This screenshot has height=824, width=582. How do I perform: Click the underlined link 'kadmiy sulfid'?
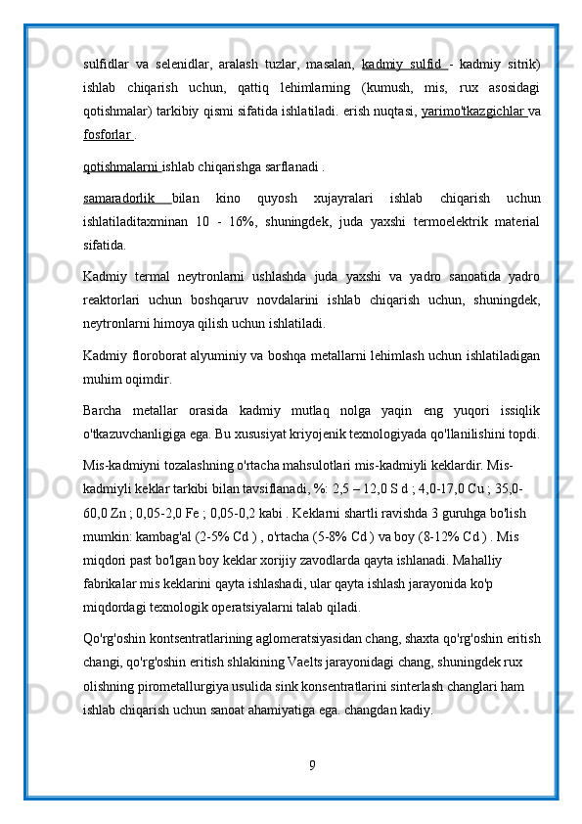pyautogui.click(x=403, y=65)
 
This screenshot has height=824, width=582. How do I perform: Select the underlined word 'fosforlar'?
pyautogui.click(x=108, y=135)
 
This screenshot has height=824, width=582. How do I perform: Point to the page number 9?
pyautogui.click(x=311, y=764)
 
